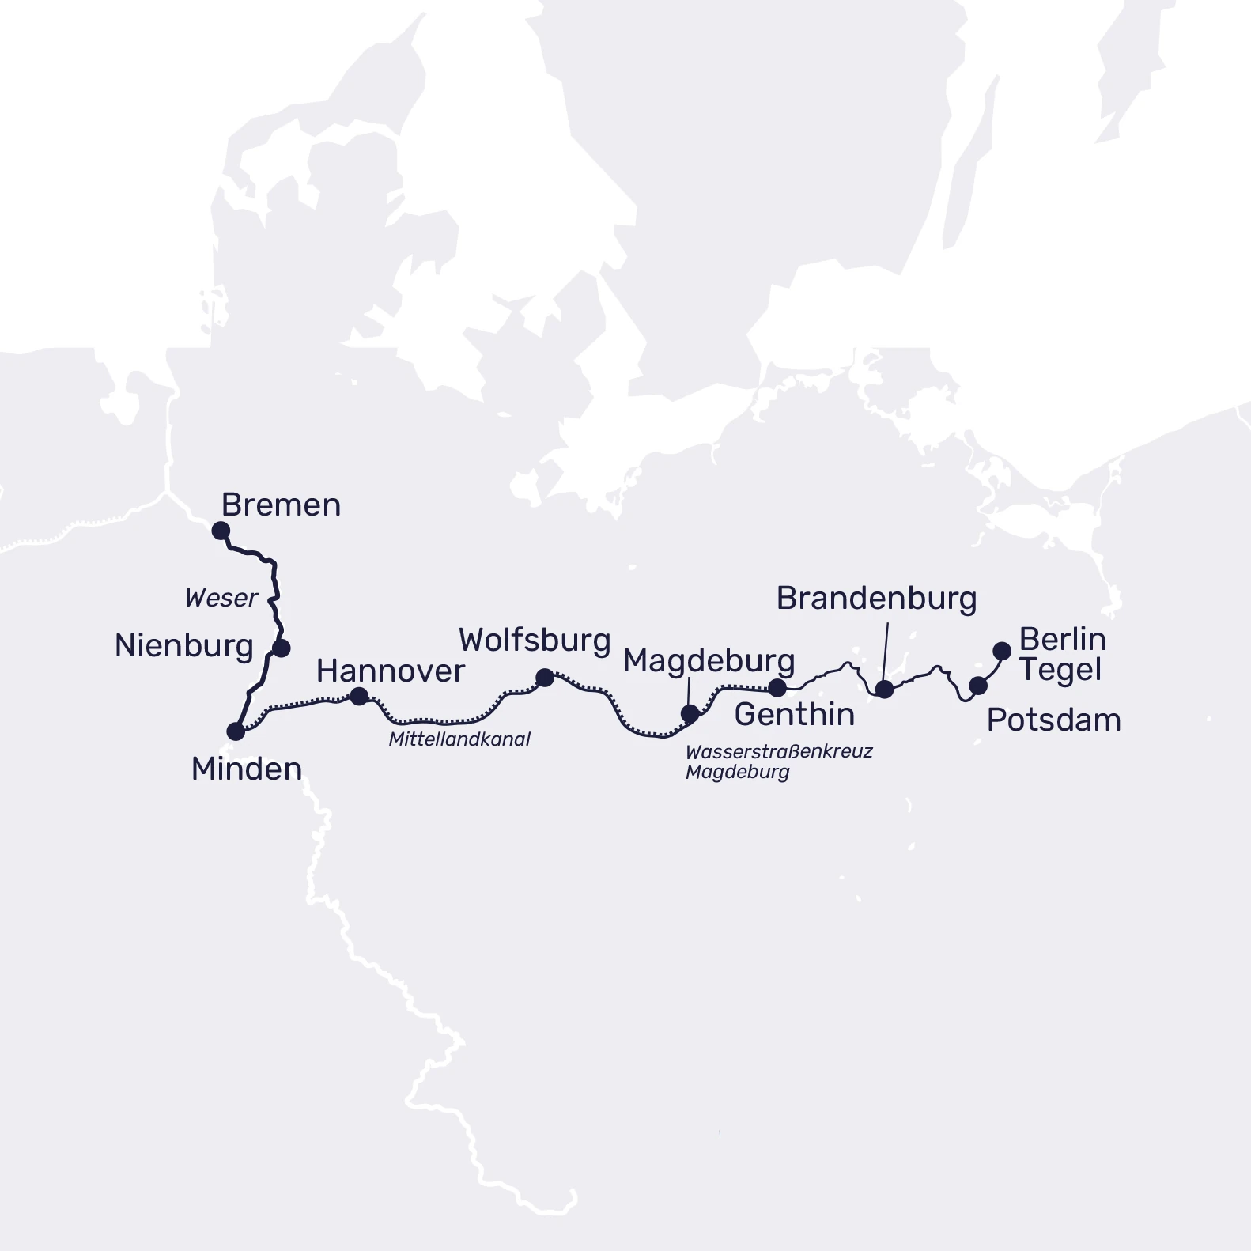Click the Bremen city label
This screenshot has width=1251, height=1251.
click(x=281, y=505)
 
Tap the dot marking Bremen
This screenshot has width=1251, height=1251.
click(x=221, y=531)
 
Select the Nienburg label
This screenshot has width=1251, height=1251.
click(x=183, y=646)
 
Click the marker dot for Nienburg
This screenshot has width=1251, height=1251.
click(x=281, y=648)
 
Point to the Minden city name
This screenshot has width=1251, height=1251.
click(x=247, y=769)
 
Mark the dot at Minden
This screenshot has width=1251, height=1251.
click(x=236, y=731)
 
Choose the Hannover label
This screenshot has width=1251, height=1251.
click(x=390, y=671)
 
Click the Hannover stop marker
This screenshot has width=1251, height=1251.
click(x=359, y=697)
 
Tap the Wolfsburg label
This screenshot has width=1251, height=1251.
click(x=535, y=641)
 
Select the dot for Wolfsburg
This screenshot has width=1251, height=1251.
click(x=545, y=678)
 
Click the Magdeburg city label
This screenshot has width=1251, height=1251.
click(x=709, y=661)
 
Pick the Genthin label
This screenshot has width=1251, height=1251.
click(x=794, y=714)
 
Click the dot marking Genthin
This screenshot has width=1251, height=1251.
click(x=777, y=687)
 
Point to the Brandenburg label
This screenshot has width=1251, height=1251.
click(x=876, y=599)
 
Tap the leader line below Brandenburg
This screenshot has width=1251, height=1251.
click(x=886, y=652)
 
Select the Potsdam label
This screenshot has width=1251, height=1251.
click(x=1053, y=720)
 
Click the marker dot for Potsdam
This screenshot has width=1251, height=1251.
click(x=978, y=686)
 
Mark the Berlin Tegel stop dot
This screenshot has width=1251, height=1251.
click(x=1002, y=652)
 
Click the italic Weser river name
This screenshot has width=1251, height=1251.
click(x=221, y=598)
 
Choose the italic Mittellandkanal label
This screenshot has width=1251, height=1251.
click(x=459, y=739)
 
